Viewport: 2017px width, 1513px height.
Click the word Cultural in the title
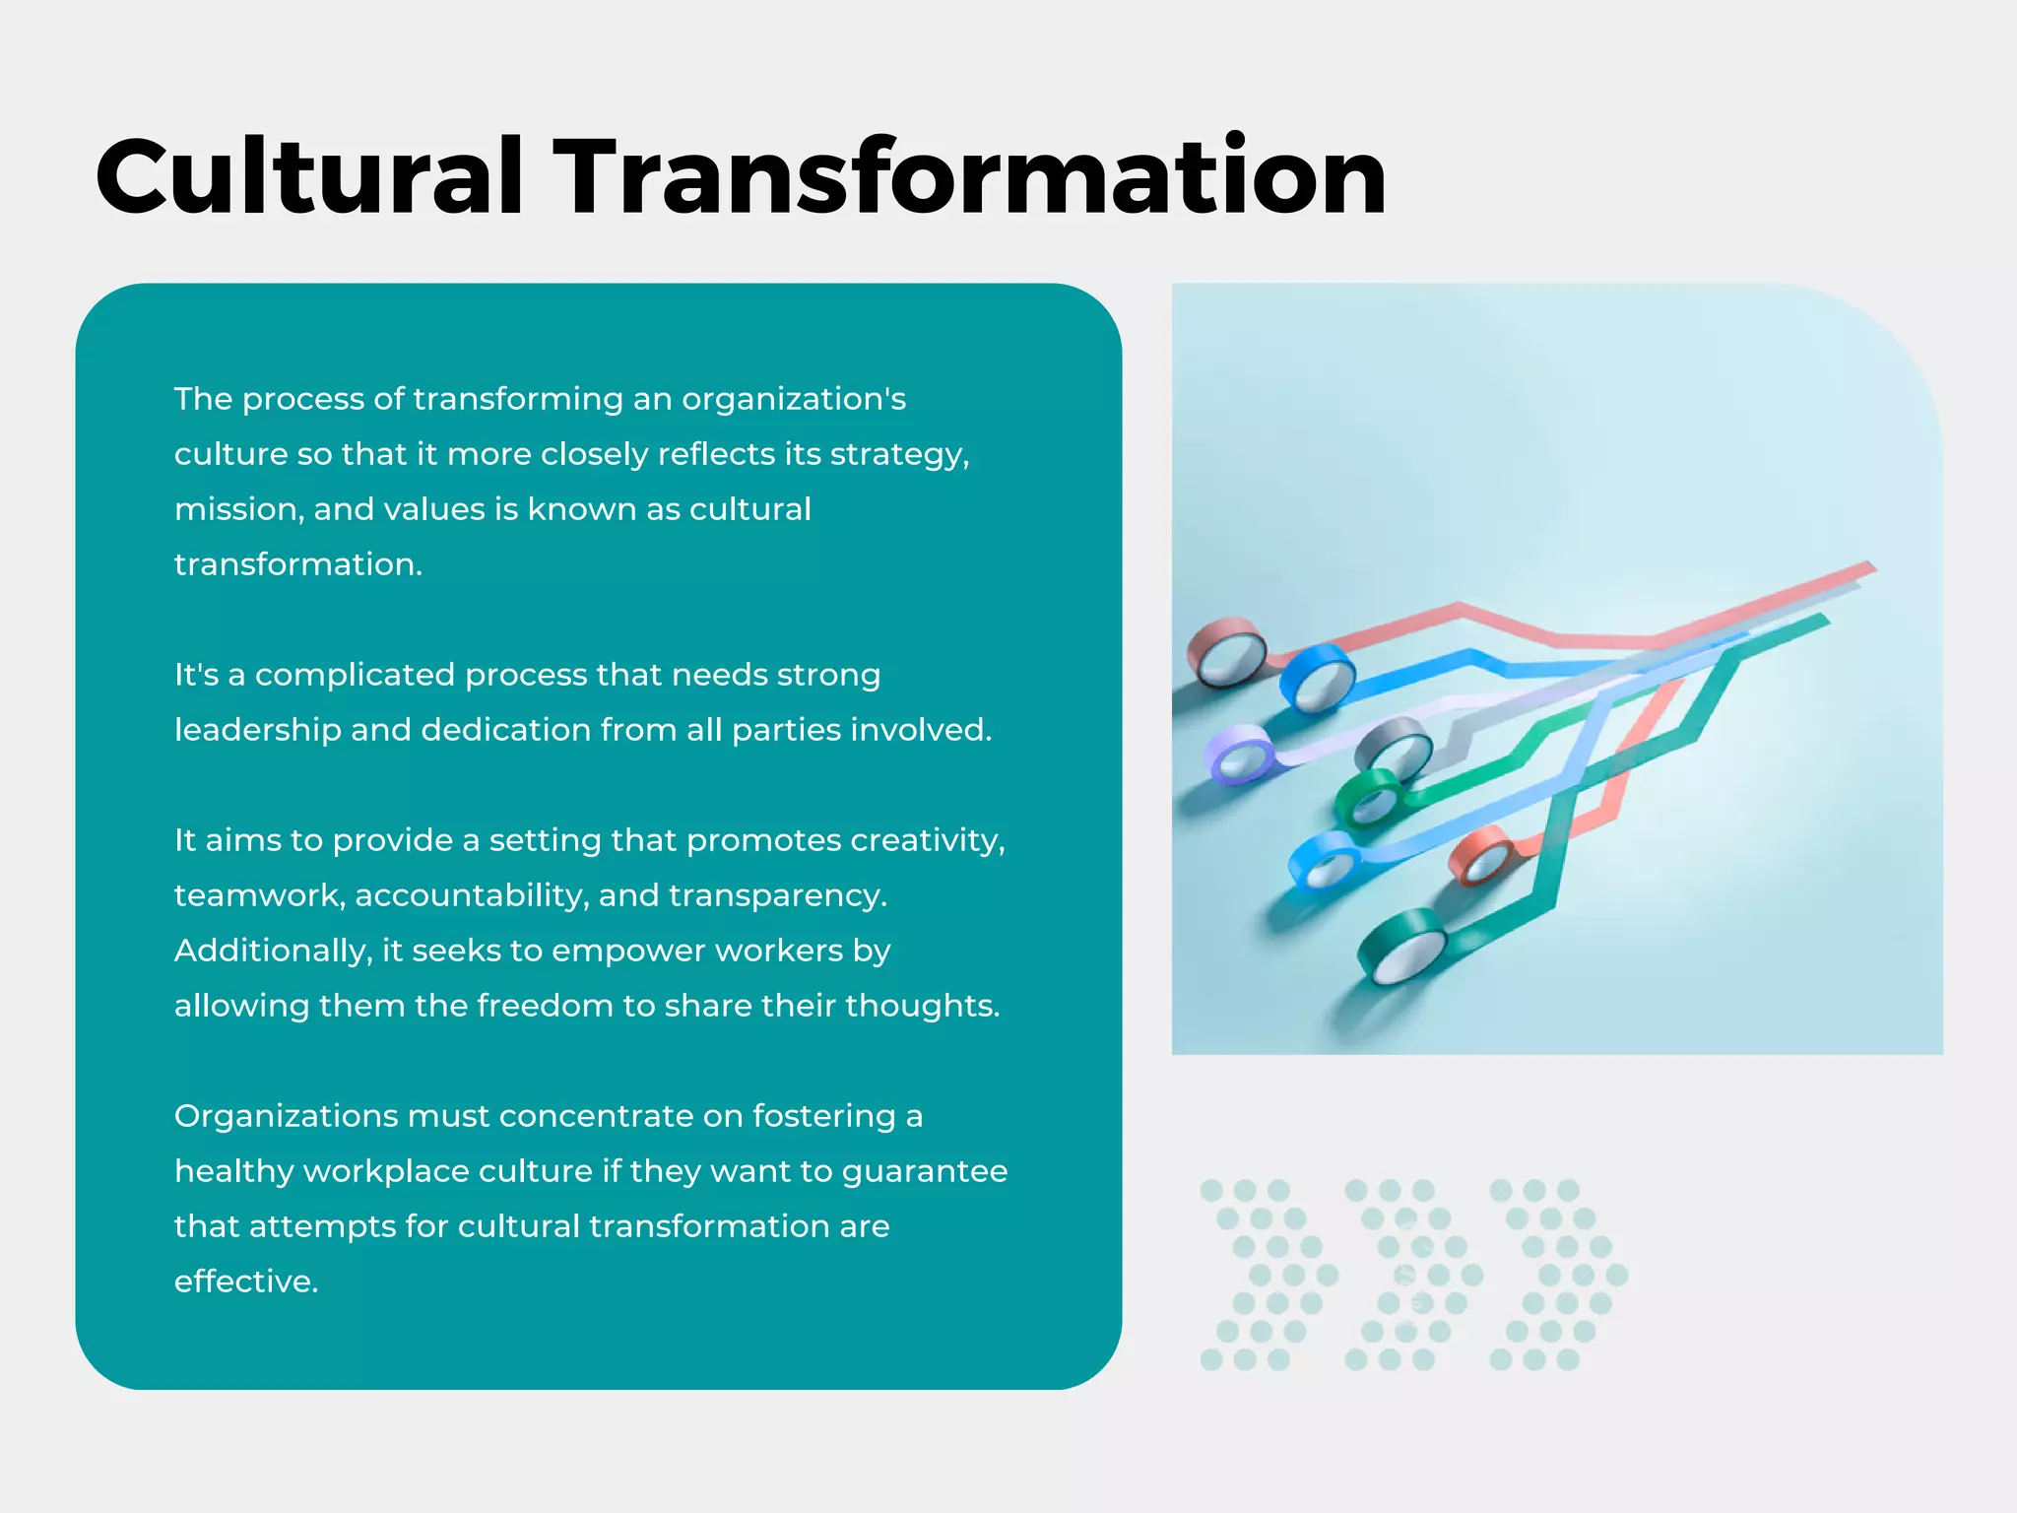(308, 177)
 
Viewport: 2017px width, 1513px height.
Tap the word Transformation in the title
(970, 177)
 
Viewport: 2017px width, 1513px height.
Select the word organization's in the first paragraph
(794, 400)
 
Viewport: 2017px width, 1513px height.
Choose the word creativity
(927, 840)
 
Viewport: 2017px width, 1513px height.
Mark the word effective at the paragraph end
(246, 1282)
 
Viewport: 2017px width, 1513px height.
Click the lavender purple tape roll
(1240, 755)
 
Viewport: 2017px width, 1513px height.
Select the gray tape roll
(1394, 745)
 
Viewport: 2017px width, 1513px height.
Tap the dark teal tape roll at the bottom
(1402, 946)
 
